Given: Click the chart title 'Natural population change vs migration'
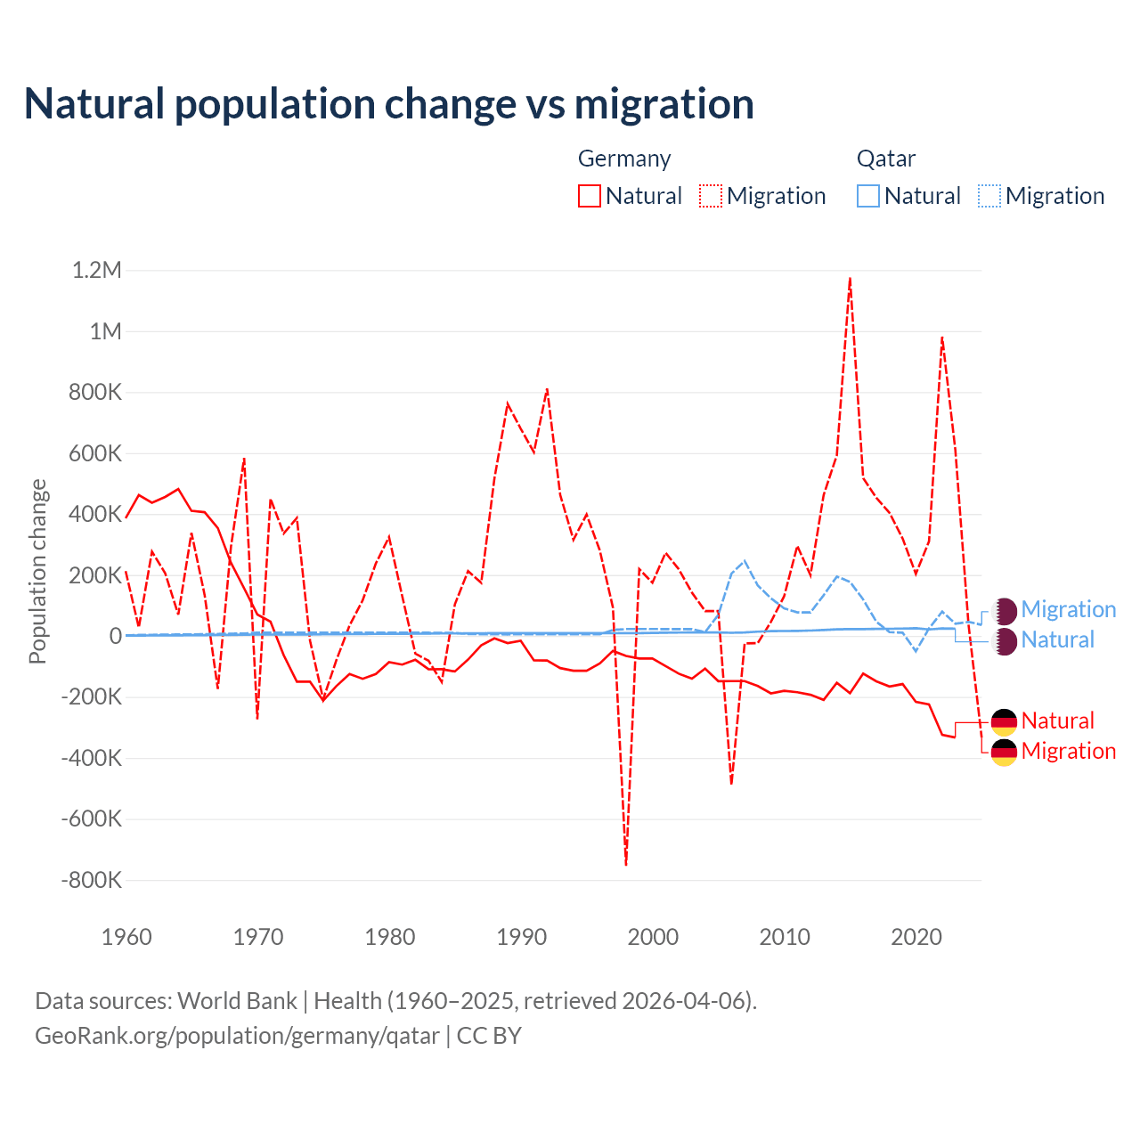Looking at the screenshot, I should [x=389, y=104].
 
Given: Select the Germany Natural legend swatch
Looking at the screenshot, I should [x=589, y=196].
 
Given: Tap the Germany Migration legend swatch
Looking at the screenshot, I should [x=710, y=196].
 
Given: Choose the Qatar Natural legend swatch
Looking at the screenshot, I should [x=867, y=196].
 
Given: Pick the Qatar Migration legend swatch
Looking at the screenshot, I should [x=989, y=196].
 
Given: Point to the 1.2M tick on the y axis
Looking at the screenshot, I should [x=96, y=270].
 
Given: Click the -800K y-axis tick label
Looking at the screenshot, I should [x=91, y=880].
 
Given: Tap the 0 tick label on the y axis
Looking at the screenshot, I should [x=116, y=636].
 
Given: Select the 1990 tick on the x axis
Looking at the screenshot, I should [x=522, y=937].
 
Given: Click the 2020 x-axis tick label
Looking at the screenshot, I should [x=916, y=937].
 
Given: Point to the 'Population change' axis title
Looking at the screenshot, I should [x=37, y=572].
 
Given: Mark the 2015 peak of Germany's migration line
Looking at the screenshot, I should [x=851, y=279].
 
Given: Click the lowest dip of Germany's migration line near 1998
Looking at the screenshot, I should [x=626, y=864].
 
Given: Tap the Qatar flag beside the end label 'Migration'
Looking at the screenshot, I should [x=1004, y=610].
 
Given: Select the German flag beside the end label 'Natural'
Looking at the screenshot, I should [x=1004, y=721].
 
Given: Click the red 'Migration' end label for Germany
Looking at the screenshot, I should [x=1068, y=751].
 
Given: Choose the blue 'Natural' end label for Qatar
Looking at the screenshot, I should [x=1057, y=639].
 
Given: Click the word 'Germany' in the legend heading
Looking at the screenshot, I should [x=624, y=159].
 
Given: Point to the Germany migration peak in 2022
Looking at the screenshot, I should [x=942, y=338].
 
